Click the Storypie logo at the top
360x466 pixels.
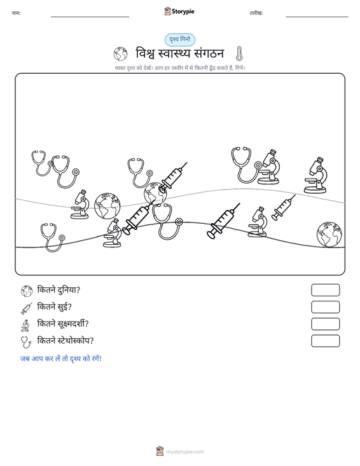click(179, 11)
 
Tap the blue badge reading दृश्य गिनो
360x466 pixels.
click(180, 40)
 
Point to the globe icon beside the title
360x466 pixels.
click(120, 54)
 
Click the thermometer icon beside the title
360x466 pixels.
click(239, 54)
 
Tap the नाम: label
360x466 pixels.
click(16, 13)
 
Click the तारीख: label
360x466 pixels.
click(256, 13)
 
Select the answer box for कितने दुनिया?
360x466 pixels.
click(325, 290)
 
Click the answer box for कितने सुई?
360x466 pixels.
click(325, 307)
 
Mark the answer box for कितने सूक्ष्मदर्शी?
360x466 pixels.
click(325, 324)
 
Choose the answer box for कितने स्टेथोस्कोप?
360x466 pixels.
click(325, 341)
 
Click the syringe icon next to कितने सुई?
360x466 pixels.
click(27, 308)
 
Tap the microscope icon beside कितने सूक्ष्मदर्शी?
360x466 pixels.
click(25, 325)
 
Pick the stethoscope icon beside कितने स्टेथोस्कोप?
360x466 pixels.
click(26, 342)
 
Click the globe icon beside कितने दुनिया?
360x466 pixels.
click(27, 291)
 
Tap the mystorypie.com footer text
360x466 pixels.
click(184, 452)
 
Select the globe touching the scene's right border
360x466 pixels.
click(329, 234)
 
